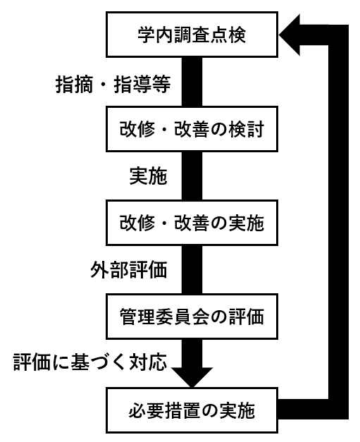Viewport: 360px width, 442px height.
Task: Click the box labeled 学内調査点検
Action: coord(192,35)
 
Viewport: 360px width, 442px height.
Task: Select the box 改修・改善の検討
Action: coord(192,129)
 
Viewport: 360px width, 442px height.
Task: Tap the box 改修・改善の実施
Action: coord(192,223)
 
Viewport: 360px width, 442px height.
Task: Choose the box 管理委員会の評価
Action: coord(192,317)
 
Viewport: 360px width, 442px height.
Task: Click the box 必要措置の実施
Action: coord(192,410)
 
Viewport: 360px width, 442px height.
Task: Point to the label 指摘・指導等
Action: coord(113,84)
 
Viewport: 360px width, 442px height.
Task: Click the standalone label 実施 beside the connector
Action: coord(149,176)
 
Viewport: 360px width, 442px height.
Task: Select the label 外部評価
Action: coord(129,269)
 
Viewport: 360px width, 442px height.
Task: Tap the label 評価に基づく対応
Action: coord(90,362)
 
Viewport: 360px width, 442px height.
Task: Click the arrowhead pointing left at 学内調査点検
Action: coord(290,35)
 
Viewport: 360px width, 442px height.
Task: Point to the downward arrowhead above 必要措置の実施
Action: coord(192,378)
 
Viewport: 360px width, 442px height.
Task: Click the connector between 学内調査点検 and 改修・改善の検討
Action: coord(192,82)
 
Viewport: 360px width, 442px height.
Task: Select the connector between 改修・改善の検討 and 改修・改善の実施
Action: coord(192,176)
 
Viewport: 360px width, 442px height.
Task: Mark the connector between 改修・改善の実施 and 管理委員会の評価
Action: coord(192,269)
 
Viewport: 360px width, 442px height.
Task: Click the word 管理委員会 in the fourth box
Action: coord(165,317)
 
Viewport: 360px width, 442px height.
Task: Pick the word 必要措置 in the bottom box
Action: coord(165,411)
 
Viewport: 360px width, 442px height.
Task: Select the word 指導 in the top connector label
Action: coord(132,84)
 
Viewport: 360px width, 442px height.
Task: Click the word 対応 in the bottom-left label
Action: coord(149,362)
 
